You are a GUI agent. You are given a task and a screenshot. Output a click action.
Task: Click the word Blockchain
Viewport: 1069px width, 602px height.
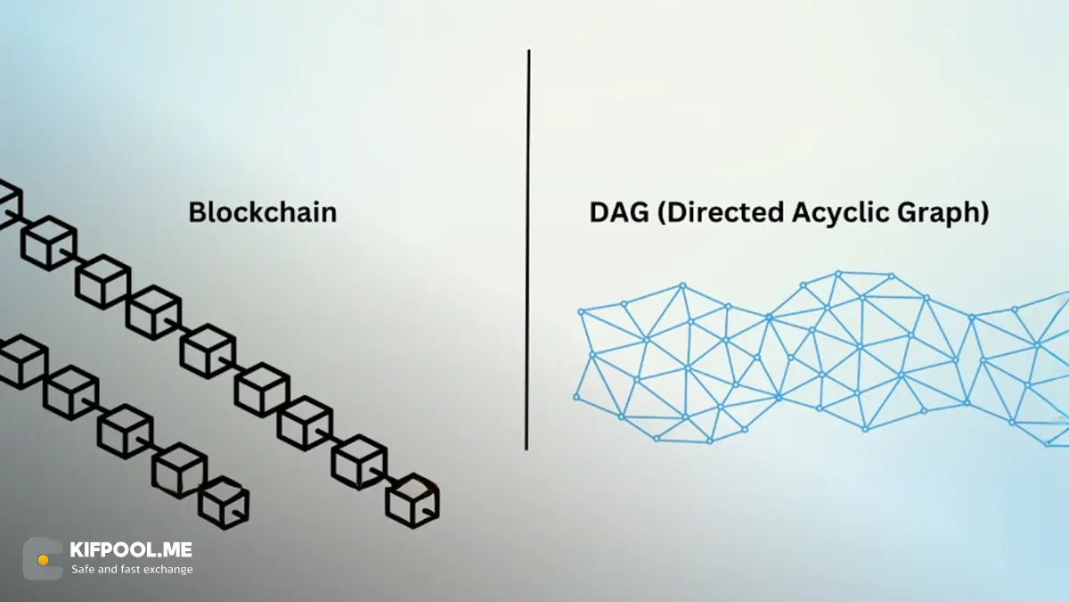[262, 212]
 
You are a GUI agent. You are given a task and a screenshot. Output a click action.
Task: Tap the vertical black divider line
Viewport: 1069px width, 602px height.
[528, 250]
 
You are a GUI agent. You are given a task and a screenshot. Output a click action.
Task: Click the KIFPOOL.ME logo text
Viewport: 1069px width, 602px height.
[131, 550]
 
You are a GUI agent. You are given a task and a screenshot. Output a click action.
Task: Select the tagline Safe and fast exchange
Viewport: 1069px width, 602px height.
[132, 569]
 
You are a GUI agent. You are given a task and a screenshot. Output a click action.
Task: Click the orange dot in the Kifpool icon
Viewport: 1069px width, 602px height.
[43, 560]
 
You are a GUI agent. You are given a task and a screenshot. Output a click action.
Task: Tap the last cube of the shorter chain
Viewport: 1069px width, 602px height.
[224, 503]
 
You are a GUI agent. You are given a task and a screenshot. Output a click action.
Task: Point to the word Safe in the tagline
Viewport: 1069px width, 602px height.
[83, 569]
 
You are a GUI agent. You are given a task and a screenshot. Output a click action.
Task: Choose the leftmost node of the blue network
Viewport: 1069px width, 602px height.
[576, 397]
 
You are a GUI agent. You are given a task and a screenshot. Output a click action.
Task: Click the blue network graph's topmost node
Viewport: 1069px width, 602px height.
[838, 274]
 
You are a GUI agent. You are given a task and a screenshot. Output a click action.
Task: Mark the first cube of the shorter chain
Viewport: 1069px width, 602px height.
[20, 361]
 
